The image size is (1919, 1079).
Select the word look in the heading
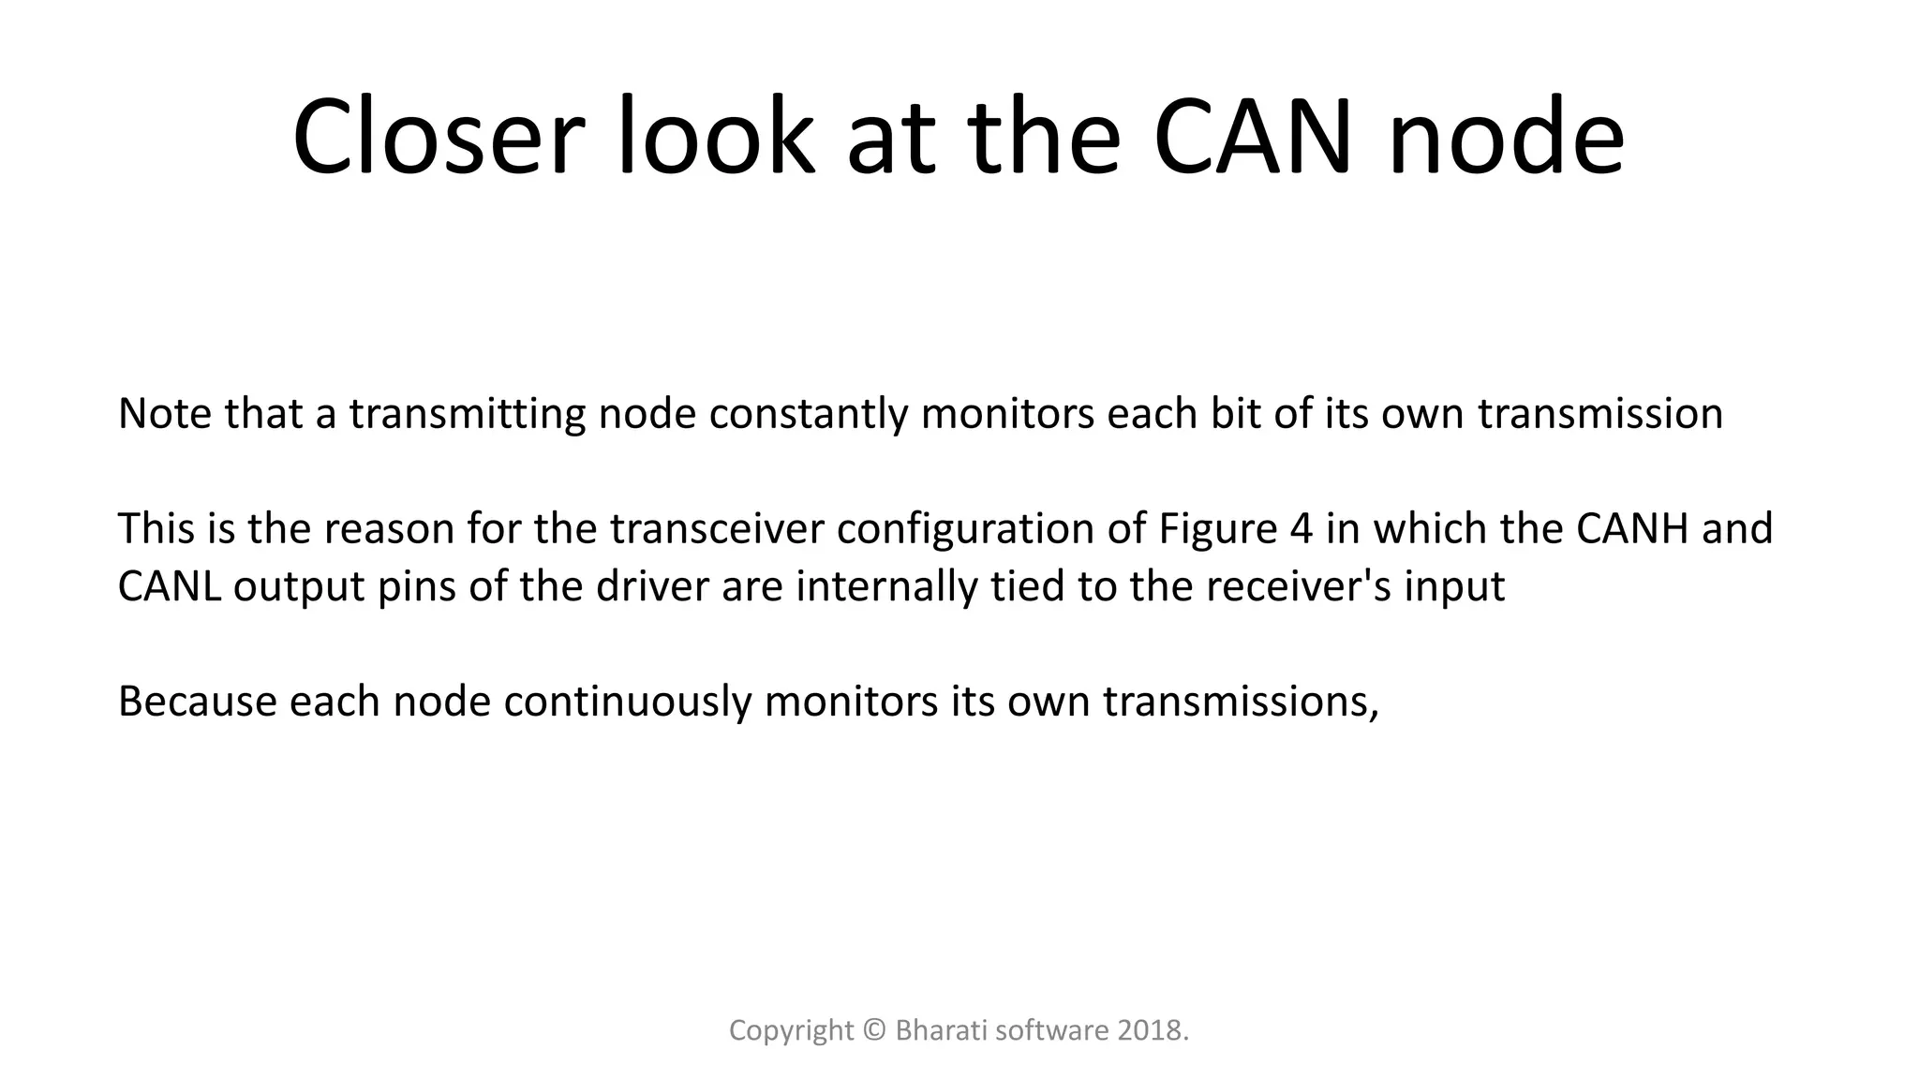(715, 137)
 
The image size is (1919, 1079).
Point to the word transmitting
(468, 414)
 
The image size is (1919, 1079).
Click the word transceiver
(717, 529)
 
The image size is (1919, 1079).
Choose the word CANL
(170, 587)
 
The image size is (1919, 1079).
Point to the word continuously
(627, 702)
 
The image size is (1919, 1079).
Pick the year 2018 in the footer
(1149, 1031)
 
